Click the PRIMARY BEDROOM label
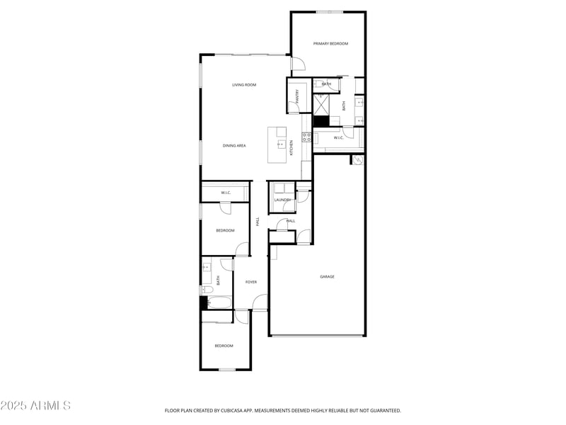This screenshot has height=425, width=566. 330,44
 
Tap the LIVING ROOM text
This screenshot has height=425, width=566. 244,85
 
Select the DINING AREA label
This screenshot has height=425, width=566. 234,146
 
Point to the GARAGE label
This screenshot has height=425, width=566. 327,277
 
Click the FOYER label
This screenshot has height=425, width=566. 251,283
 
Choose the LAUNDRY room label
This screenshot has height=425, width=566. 282,200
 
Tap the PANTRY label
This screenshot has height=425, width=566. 298,98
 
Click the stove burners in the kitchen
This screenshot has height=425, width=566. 306,137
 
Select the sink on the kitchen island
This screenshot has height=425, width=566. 280,144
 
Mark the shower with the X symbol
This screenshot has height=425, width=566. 321,104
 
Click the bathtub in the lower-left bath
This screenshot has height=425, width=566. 218,302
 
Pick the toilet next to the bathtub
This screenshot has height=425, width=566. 206,289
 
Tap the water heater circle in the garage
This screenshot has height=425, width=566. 358,161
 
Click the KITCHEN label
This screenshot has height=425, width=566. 291,148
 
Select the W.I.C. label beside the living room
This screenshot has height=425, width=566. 226,193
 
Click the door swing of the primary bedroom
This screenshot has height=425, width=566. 298,64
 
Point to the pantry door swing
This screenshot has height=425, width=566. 292,108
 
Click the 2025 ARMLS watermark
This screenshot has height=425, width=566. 35,406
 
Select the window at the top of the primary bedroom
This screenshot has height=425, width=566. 330,11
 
